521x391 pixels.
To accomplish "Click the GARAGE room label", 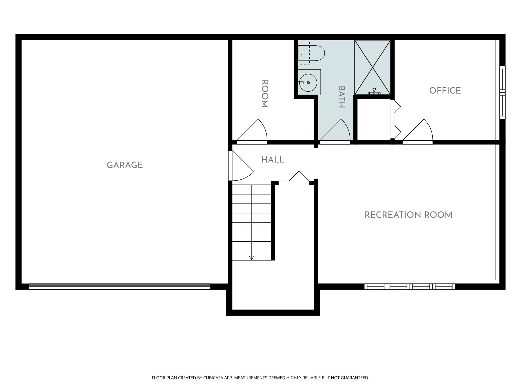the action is (125, 165).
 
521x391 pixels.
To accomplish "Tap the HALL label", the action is (273, 160).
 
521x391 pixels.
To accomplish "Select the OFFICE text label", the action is (445, 90).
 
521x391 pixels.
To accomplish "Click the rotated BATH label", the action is (342, 97).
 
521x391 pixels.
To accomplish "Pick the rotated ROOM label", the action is (265, 94).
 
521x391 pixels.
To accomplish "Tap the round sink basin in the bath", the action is (308, 82).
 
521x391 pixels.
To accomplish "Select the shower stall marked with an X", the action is (372, 67).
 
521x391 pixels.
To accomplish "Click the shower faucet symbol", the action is (374, 91).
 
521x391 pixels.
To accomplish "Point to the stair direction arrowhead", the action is (252, 258).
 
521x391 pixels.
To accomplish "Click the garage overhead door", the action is (119, 286).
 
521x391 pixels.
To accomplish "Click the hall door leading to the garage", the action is (240, 166).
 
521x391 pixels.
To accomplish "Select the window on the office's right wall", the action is (502, 92).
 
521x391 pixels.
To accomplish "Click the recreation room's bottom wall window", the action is (410, 286).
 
